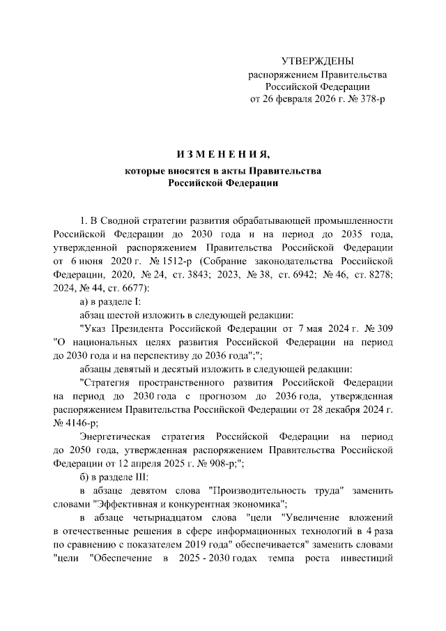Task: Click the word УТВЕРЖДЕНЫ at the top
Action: click(x=317, y=62)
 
